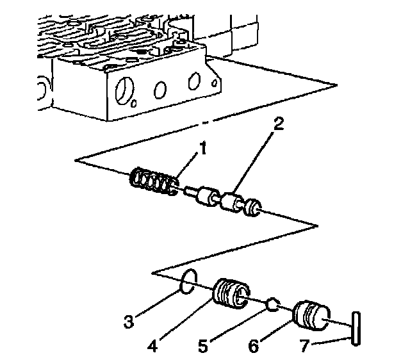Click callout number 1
(x=202, y=149)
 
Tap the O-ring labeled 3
(x=185, y=282)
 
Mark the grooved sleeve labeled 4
(x=229, y=295)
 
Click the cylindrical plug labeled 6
(x=310, y=313)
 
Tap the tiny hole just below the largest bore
(x=133, y=104)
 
